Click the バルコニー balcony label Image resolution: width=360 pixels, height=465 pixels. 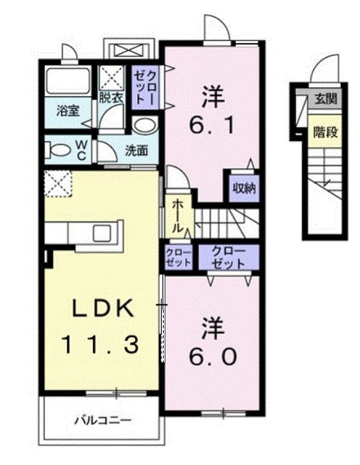[101, 419]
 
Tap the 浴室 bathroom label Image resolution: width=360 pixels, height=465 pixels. [68, 112]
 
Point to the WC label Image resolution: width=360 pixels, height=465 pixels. [82, 150]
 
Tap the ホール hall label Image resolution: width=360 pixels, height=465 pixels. [176, 215]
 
